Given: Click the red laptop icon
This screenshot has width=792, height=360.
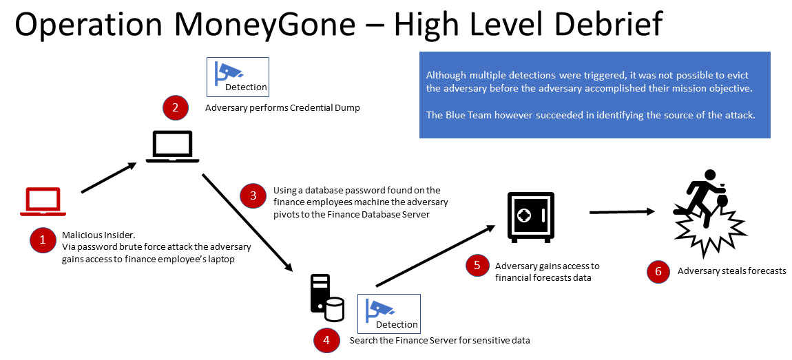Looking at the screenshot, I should click(x=43, y=200).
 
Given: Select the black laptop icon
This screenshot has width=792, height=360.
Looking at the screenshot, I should click(x=173, y=147).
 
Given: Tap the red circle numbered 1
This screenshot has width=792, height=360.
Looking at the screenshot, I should click(x=43, y=240).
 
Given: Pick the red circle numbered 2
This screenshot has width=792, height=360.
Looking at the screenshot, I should click(x=175, y=107).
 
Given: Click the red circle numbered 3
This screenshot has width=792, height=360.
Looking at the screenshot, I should click(x=253, y=196).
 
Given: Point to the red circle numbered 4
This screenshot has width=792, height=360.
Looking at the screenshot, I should click(x=326, y=339).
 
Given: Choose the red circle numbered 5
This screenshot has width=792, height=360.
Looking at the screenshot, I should click(x=477, y=266).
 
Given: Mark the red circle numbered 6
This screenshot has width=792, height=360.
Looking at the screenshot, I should click(x=658, y=271).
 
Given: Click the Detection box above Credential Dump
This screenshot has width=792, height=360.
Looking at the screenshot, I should click(x=238, y=76).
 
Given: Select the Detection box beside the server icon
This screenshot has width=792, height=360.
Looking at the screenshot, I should click(x=388, y=314).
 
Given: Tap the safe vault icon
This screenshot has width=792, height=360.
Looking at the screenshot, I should click(x=531, y=217).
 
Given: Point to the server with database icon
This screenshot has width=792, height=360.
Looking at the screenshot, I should click(x=326, y=298).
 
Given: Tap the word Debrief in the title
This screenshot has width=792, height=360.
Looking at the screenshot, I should click(x=598, y=25).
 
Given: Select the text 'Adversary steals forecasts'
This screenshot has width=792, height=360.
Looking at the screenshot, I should click(x=731, y=271).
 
